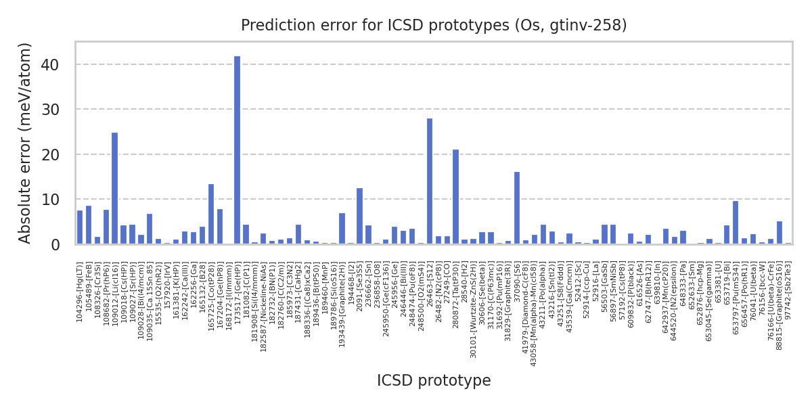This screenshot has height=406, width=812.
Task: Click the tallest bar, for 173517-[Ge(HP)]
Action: point(237,150)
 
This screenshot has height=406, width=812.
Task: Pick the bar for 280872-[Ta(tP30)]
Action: point(455,197)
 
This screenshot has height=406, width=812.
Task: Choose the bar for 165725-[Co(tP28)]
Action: point(210,214)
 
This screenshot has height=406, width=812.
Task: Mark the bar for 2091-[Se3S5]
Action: point(359,216)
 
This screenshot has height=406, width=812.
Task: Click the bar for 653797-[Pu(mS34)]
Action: point(736,223)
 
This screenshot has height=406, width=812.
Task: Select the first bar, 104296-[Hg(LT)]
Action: point(80,227)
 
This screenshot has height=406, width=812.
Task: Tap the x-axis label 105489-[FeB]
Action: point(89,284)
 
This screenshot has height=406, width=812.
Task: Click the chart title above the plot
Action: point(434,26)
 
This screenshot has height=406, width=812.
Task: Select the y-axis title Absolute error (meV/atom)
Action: point(26,143)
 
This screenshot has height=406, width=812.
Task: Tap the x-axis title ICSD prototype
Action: point(434,381)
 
